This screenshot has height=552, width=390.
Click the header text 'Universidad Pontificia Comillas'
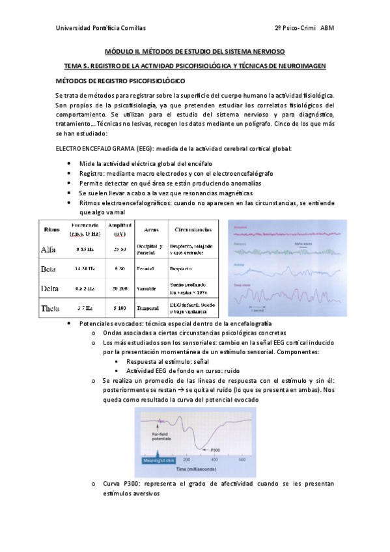(x=101, y=29)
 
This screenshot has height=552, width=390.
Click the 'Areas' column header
(x=150, y=229)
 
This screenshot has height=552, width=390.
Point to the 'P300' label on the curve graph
(x=216, y=449)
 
